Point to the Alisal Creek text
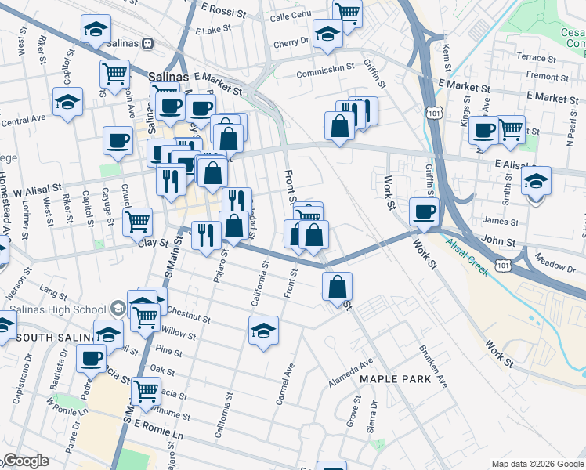click(x=468, y=258)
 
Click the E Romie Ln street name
click(x=164, y=428)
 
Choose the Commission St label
click(x=324, y=69)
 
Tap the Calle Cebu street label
click(x=290, y=16)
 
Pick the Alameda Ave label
click(x=356, y=368)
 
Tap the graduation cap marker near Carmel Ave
click(x=264, y=330)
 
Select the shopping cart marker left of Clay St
click(x=138, y=221)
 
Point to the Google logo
click(x=25, y=461)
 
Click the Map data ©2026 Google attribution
click(x=537, y=464)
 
